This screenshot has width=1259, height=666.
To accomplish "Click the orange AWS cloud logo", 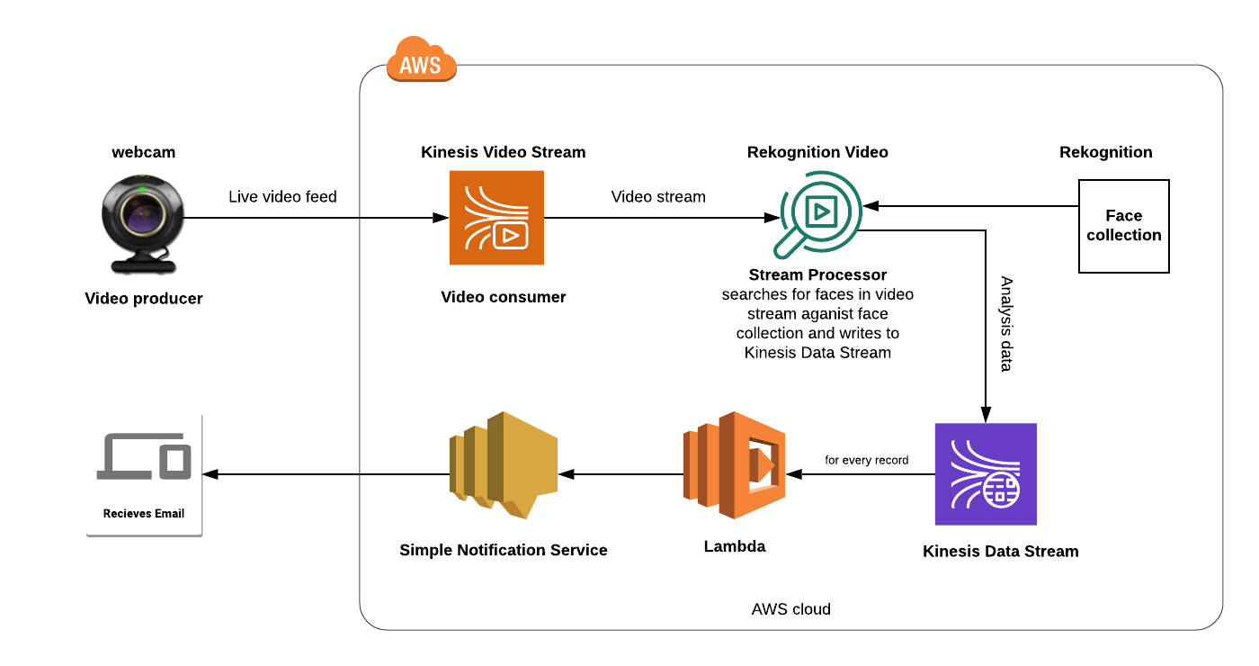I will coord(421,61).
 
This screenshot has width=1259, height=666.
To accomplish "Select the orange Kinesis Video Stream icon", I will coord(496,218).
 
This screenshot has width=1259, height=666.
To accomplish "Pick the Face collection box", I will coord(1123,226).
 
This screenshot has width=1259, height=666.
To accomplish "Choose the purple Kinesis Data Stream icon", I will coord(986,474).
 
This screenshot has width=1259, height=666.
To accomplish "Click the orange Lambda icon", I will coord(733,465).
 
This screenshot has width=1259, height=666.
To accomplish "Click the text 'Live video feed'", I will coord(282,197).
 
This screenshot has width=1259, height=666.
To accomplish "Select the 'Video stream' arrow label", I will coord(658,197).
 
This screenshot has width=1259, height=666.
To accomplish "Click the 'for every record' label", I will coord(867,460).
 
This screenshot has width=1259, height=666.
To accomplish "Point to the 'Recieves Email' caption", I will coord(144,513).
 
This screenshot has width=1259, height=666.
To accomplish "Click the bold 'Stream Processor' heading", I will coord(817,275).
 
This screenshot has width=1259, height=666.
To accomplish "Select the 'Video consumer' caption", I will coord(503,297).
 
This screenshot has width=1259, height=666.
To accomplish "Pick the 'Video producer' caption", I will coord(144,299).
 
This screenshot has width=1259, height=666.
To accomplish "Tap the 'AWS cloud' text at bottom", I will coord(790,609).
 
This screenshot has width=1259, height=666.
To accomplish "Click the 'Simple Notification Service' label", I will coord(503,550).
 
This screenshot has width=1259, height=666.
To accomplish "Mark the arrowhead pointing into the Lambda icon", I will coord(792,473).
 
